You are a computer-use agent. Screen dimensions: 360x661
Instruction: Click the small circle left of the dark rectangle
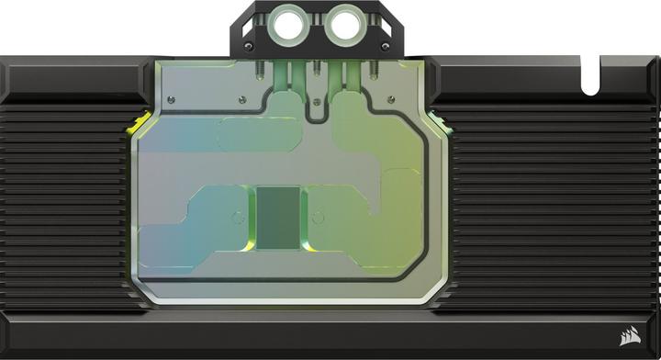click(239, 219)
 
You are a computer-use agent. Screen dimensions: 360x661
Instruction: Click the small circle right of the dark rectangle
click(316, 219)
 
